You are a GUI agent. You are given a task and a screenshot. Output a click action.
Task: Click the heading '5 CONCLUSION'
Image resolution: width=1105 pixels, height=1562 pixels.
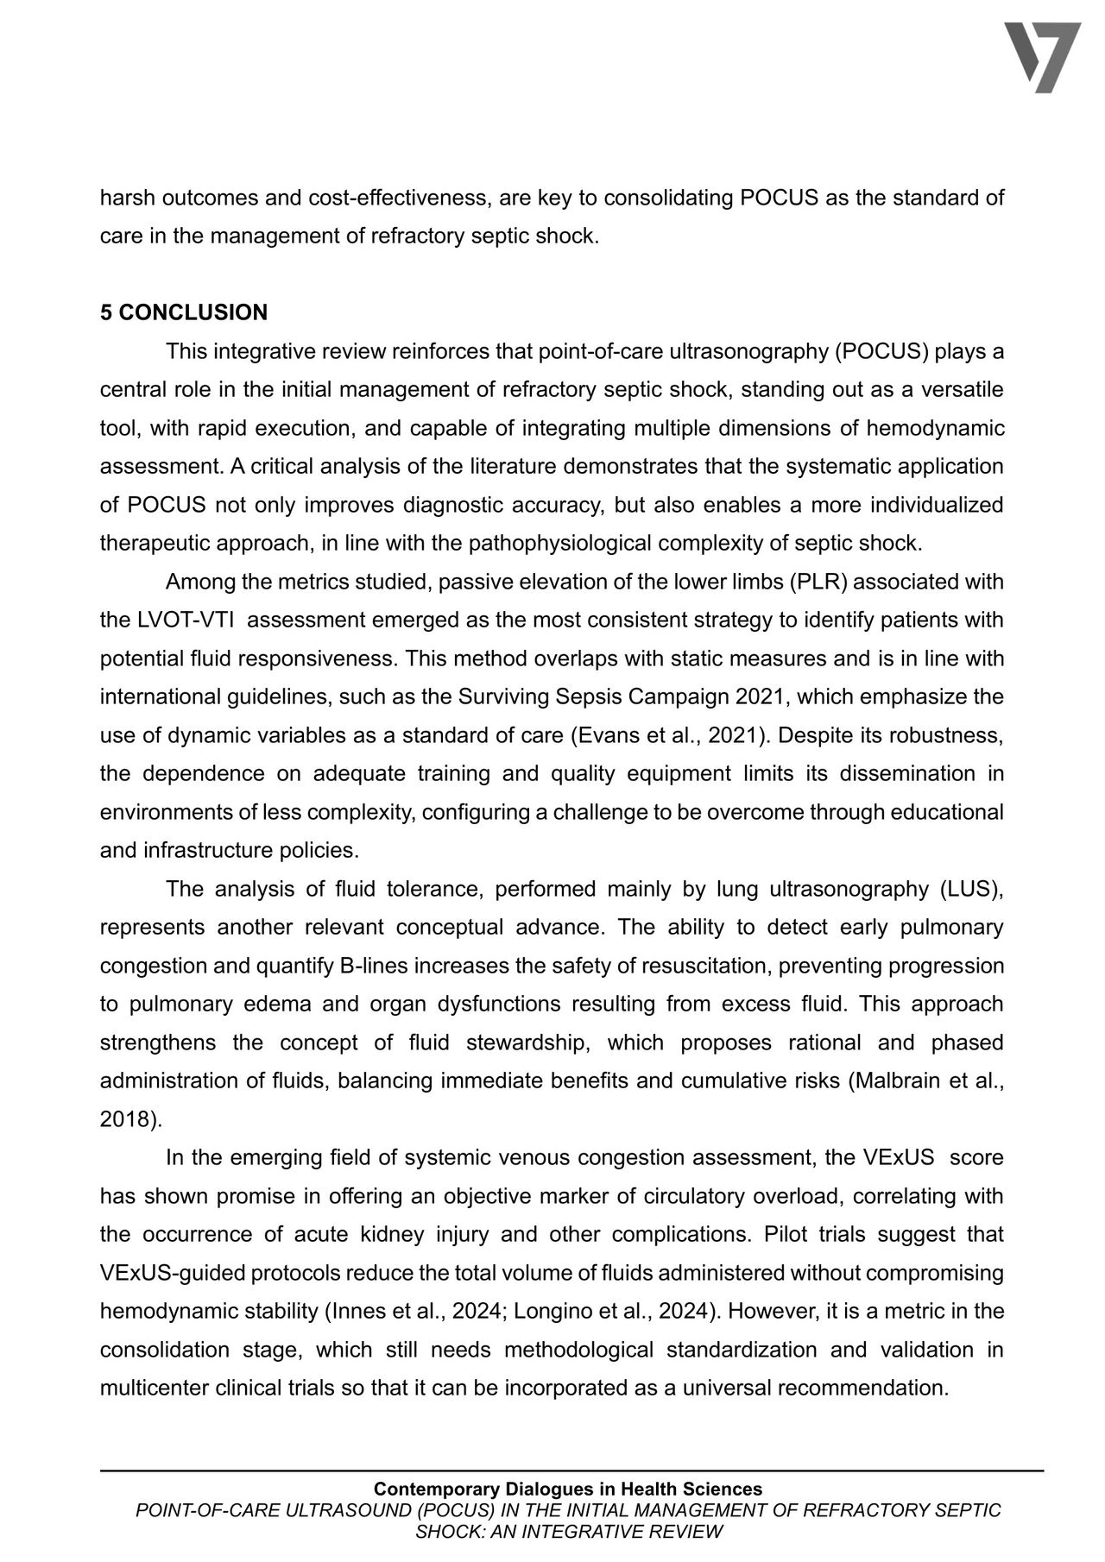[183, 312]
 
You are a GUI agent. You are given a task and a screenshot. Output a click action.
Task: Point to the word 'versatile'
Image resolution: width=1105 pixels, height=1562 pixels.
[963, 389]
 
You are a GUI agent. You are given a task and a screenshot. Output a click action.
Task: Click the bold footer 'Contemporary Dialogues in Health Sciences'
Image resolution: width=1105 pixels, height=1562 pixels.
[568, 1489]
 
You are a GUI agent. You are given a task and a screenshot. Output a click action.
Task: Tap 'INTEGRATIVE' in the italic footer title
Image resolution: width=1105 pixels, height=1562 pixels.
[622, 1531]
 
